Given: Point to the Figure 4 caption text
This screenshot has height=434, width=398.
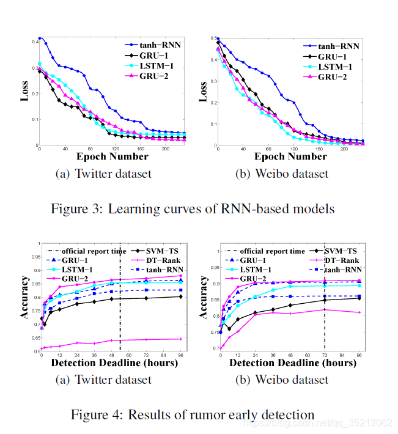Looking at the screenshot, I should pos(193,414).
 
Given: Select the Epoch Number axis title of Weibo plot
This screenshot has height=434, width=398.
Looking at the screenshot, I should pos(291,156).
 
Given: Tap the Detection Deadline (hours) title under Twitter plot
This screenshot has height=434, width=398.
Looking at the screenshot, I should pos(112,363).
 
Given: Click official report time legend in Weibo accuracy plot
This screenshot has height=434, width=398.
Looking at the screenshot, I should pos(272,251).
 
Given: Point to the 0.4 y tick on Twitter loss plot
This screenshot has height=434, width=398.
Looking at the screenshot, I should pos(34,42).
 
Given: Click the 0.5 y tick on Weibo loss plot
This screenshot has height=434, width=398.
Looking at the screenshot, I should pos(213,38).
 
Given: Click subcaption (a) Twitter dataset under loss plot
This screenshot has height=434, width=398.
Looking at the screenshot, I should pos(103,174).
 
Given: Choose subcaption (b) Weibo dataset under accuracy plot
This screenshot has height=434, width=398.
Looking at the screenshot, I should pos(282,379).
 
